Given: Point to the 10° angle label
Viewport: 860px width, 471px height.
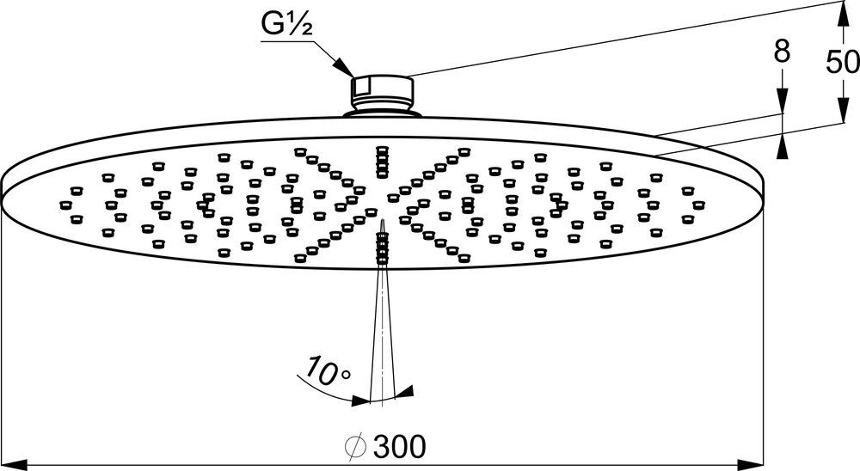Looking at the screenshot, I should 322,371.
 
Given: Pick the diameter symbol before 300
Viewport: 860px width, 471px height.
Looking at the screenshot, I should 355,446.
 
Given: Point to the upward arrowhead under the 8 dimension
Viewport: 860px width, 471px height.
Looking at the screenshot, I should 782,147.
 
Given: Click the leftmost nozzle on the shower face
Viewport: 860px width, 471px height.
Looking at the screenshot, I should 64,205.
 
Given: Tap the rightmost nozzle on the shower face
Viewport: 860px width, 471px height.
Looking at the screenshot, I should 698,205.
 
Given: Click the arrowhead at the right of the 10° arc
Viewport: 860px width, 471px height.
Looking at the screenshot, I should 405,392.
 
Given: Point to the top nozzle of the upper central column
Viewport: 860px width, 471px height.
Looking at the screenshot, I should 382,150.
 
